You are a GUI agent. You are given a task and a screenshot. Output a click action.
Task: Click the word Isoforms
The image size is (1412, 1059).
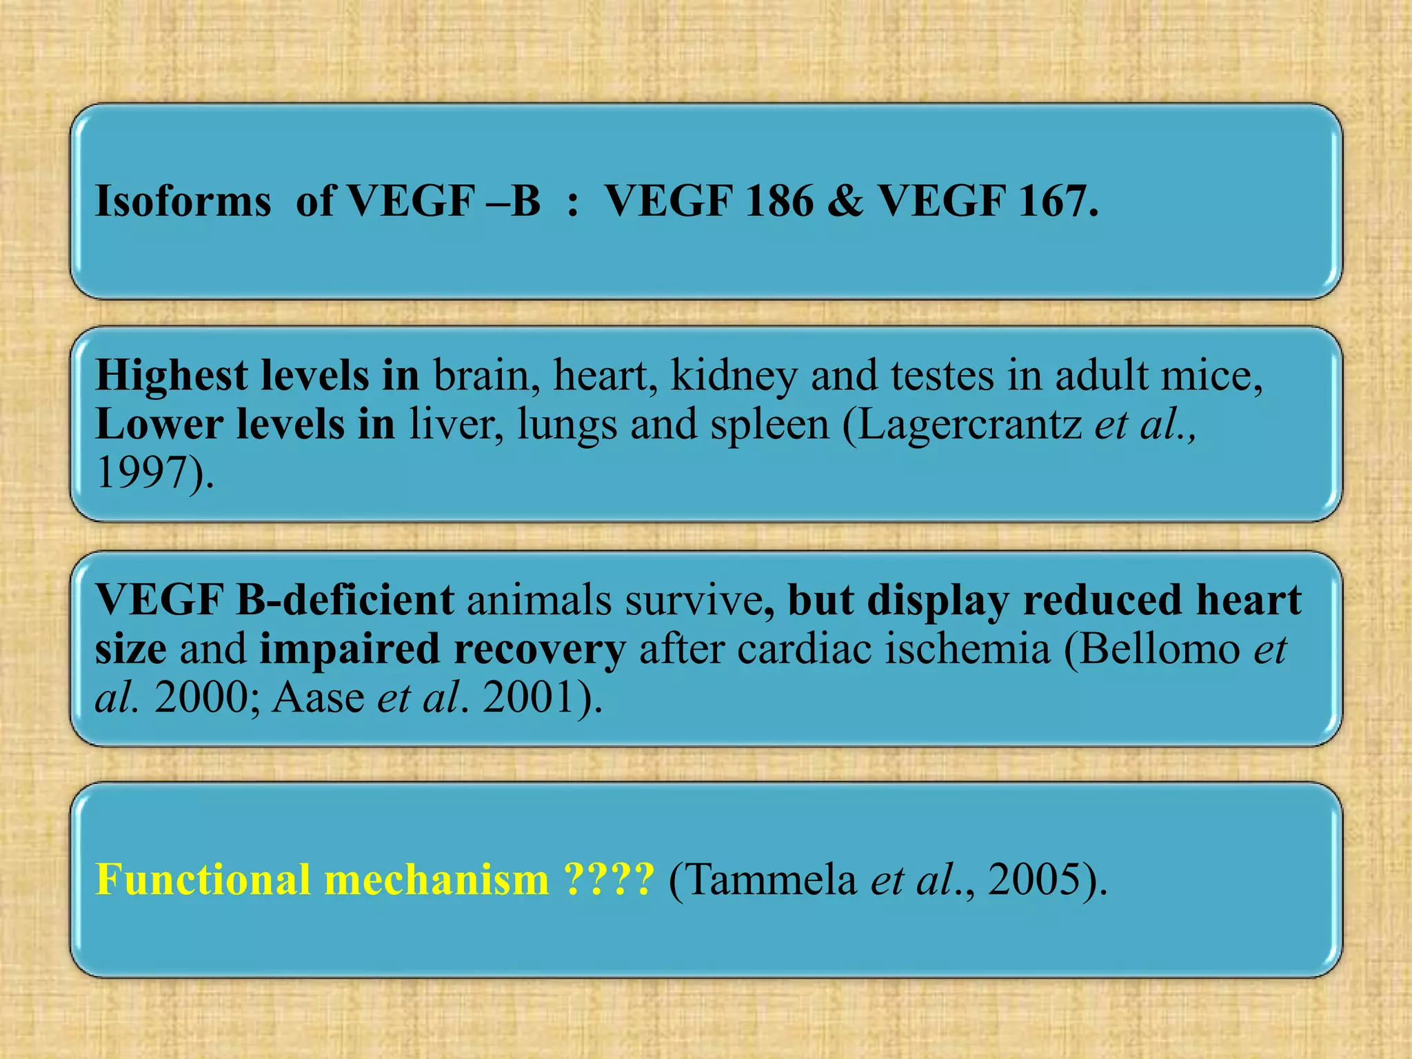[183, 202]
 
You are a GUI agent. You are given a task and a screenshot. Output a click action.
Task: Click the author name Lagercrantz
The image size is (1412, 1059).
[970, 425]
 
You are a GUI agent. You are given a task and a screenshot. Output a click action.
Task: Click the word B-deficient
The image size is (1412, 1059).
[345, 600]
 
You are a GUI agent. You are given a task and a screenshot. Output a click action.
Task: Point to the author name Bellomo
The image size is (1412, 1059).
[1158, 649]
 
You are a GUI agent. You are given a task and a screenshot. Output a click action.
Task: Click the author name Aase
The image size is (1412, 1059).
[319, 698]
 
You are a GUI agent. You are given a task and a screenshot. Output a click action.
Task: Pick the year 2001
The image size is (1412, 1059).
[528, 698]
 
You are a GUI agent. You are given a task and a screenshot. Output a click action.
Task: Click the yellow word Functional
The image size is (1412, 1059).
[203, 880]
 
